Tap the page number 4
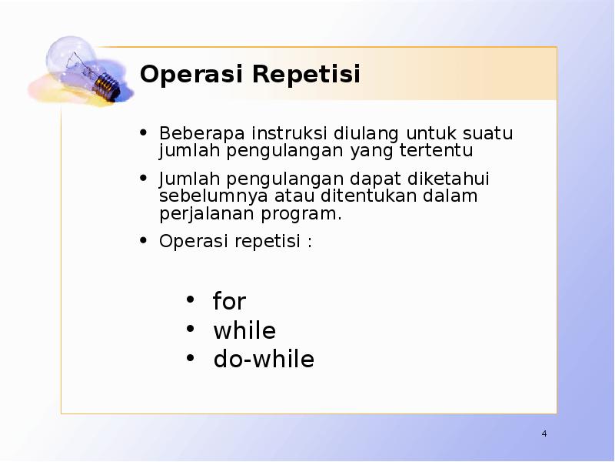[x=544, y=434]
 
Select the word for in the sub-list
[x=229, y=301]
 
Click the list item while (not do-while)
[x=244, y=331]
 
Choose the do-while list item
[x=264, y=360]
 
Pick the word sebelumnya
[x=204, y=196]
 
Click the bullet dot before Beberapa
[x=143, y=132]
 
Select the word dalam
[x=454, y=196]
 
